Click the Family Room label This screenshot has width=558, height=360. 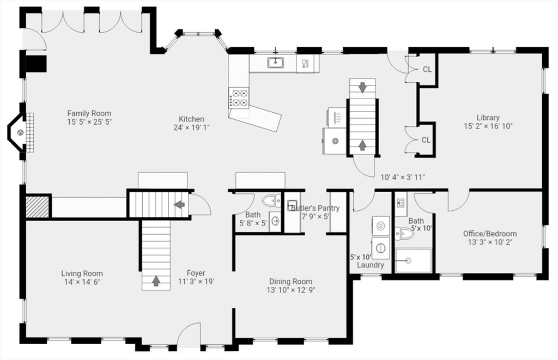click(x=89, y=113)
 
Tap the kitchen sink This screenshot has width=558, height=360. click(x=275, y=63)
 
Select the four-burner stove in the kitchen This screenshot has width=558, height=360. click(x=239, y=98)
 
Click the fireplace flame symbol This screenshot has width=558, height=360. click(x=20, y=133)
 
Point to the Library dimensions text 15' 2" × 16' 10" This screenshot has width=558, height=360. click(x=488, y=126)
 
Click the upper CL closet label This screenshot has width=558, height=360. click(x=427, y=69)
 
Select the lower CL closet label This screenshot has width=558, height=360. click(x=426, y=140)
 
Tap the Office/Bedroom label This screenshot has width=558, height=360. click(x=490, y=234)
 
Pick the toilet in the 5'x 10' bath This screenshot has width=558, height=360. click(x=403, y=234)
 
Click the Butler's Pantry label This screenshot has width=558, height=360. click(x=316, y=208)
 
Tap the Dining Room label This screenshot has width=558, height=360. click(x=291, y=282)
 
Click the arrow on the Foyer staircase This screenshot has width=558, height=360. click(x=156, y=280)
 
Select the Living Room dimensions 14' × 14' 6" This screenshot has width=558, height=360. click(x=82, y=282)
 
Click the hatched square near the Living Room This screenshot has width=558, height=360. click(x=38, y=206)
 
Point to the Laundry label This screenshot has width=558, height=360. click(x=371, y=265)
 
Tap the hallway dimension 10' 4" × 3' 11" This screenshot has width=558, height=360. click(x=403, y=177)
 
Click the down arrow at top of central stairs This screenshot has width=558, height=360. click(x=362, y=88)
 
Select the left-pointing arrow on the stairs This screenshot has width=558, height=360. click(x=180, y=205)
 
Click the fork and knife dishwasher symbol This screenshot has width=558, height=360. click(x=305, y=64)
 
